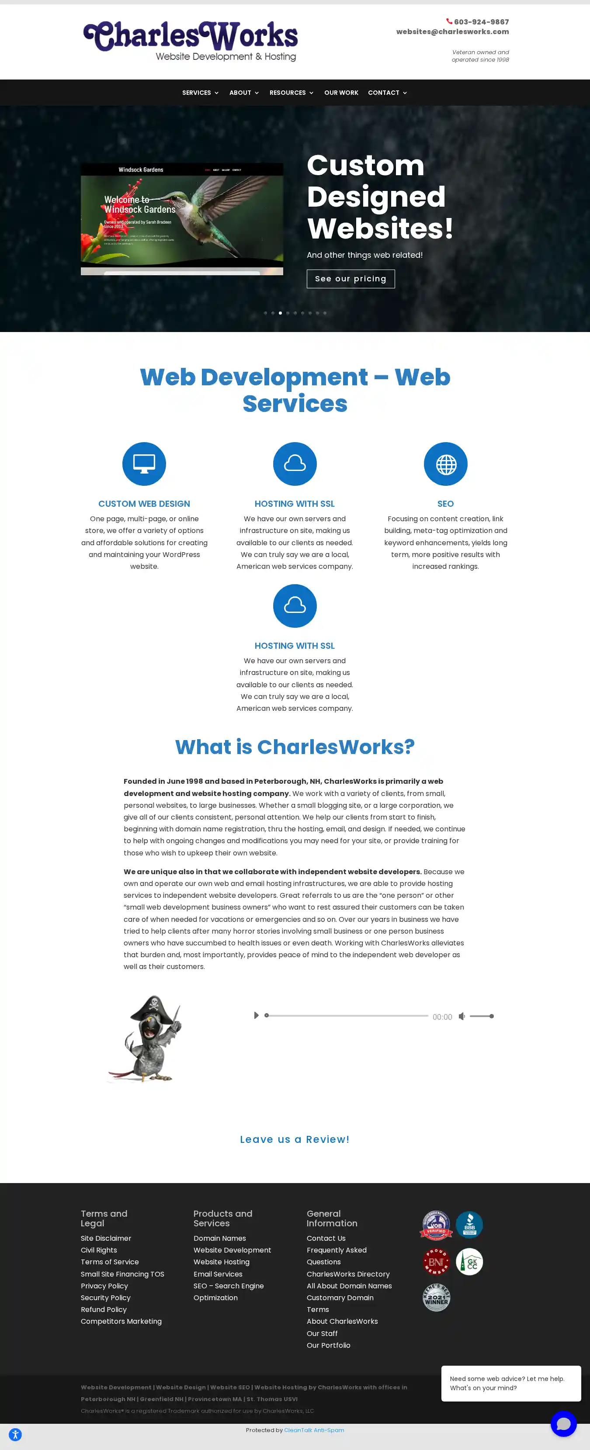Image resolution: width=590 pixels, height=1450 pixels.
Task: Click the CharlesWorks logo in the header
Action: click(x=190, y=41)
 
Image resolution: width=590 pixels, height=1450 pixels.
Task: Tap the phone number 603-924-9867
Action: click(x=481, y=22)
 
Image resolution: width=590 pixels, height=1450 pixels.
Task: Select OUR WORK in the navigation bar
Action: click(x=341, y=93)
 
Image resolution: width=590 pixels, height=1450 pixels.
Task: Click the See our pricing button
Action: click(x=350, y=279)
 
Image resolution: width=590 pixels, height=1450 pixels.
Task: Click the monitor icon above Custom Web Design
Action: click(x=144, y=464)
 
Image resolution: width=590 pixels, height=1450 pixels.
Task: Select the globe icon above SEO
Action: click(x=445, y=464)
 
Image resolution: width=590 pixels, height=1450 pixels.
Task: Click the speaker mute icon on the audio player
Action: click(x=462, y=1016)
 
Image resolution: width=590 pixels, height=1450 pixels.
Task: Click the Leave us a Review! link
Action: click(x=295, y=1139)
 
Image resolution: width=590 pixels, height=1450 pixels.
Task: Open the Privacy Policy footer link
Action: click(x=104, y=1286)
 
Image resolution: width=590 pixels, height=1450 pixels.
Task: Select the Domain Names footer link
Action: click(x=219, y=1239)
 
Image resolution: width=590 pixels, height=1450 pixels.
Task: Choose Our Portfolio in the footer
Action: click(x=328, y=1345)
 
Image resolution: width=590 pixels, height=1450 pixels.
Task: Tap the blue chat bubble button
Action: click(x=563, y=1423)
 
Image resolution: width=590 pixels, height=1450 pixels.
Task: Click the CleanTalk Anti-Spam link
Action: click(x=314, y=1430)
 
